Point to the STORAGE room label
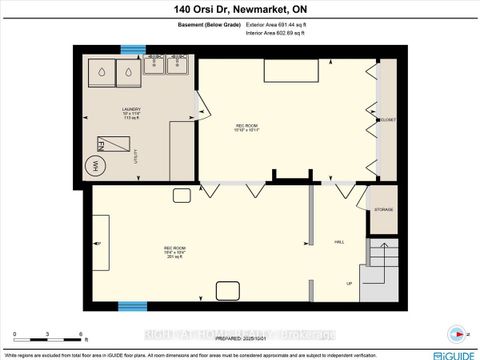coord(384,210)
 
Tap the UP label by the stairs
coord(349,283)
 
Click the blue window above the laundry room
coord(133,49)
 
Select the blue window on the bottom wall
coord(131,305)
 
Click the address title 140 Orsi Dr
coord(240,10)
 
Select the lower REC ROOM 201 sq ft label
coord(174,250)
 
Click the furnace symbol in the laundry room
coord(107,142)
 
